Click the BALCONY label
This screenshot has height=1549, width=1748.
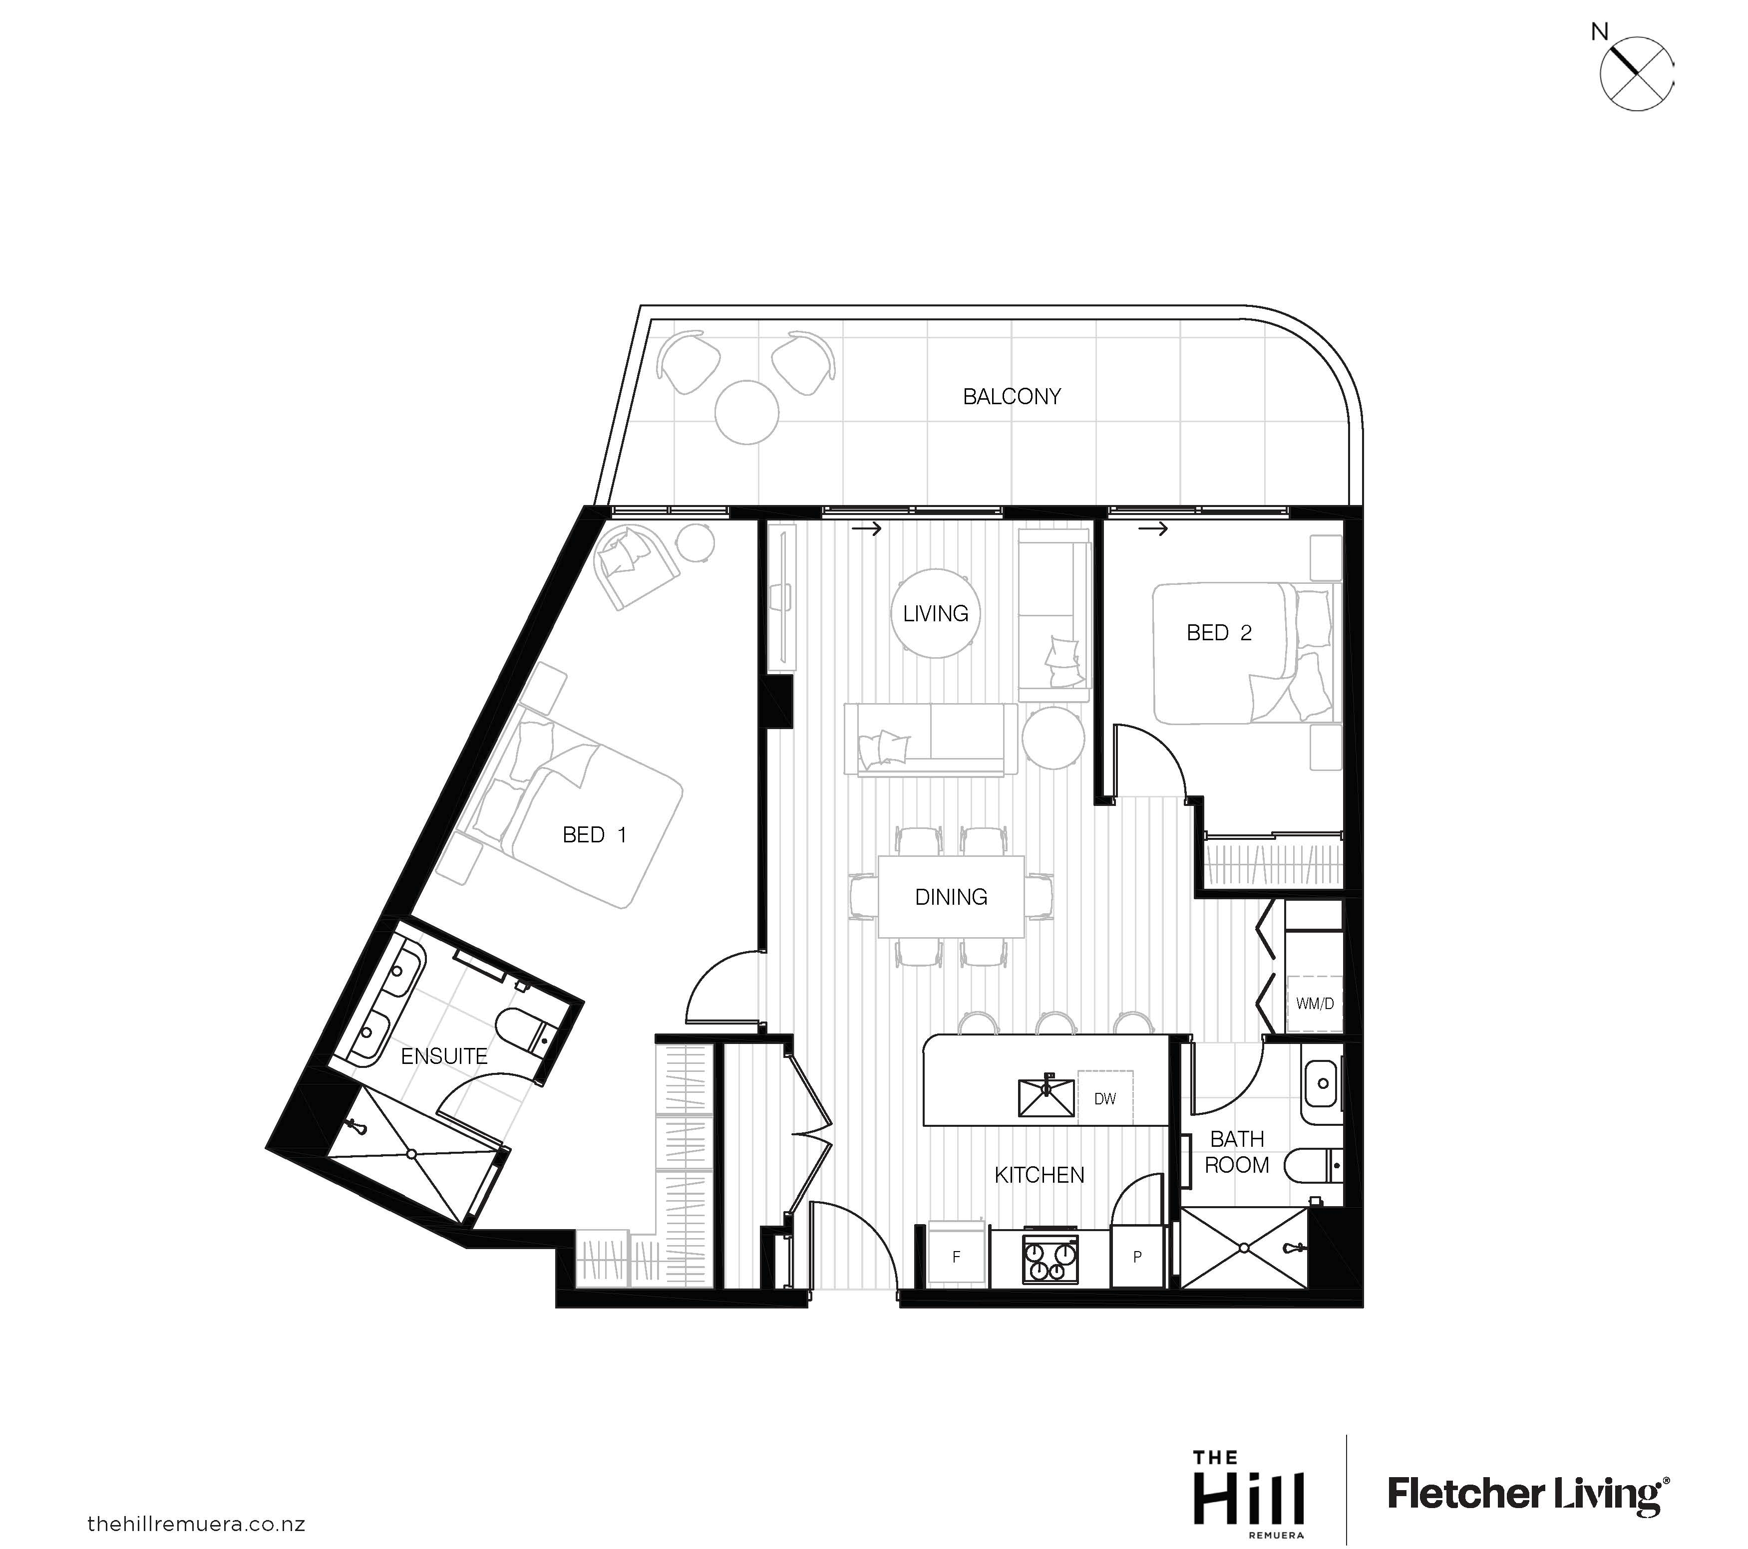click(x=1012, y=397)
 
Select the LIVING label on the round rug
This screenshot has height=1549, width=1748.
click(x=936, y=614)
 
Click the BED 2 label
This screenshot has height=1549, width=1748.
click(x=1219, y=633)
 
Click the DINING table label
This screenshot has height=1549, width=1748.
click(x=951, y=897)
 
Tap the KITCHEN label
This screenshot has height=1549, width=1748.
click(x=1039, y=1175)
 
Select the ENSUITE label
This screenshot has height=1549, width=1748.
click(x=444, y=1056)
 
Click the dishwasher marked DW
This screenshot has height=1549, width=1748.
click(x=1105, y=1098)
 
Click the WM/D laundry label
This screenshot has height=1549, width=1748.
click(x=1315, y=1004)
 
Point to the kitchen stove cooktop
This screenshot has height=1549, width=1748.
click(x=1050, y=1259)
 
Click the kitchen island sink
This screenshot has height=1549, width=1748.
click(x=1046, y=1098)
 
